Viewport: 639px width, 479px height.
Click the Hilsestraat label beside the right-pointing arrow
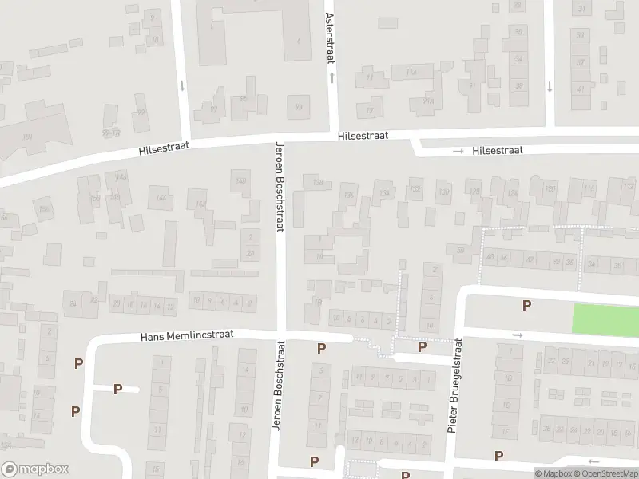[497, 150]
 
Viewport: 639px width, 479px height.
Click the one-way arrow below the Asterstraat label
[331, 77]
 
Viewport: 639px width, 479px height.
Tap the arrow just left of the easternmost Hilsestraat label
[458, 151]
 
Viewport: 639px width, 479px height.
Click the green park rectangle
[605, 319]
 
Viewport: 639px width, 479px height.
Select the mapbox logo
[35, 469]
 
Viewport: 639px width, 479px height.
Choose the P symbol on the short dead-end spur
[117, 389]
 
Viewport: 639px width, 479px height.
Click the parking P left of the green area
[526, 305]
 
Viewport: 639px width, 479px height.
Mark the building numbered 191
[27, 137]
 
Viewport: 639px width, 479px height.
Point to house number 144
[161, 198]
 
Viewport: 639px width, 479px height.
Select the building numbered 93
[300, 106]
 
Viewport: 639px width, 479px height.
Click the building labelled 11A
[411, 73]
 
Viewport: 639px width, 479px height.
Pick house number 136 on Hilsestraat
[347, 195]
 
